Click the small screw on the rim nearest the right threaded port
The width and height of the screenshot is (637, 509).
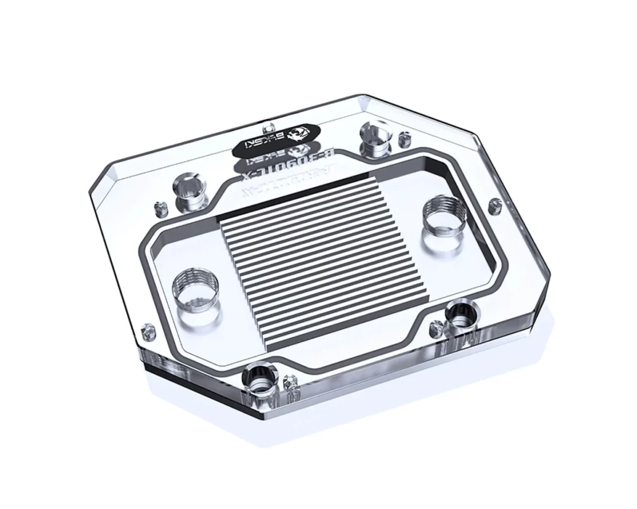(x=495, y=203)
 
